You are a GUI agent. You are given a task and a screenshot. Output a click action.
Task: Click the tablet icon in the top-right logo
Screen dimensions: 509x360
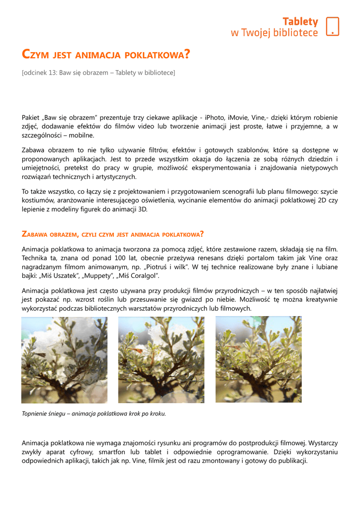coord(332,26)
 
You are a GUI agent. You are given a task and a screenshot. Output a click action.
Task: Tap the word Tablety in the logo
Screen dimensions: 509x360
coord(300,21)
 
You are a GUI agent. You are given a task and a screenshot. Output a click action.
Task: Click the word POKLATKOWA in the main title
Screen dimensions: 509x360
coord(157,54)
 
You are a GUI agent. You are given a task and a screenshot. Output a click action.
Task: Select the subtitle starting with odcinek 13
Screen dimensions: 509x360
coord(98,73)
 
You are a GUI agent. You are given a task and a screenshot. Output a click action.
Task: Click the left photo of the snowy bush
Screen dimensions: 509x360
coord(64,360)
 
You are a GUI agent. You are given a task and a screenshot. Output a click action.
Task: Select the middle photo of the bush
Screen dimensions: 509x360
coord(161,360)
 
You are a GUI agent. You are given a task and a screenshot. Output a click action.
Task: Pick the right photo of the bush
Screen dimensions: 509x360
coord(258,360)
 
